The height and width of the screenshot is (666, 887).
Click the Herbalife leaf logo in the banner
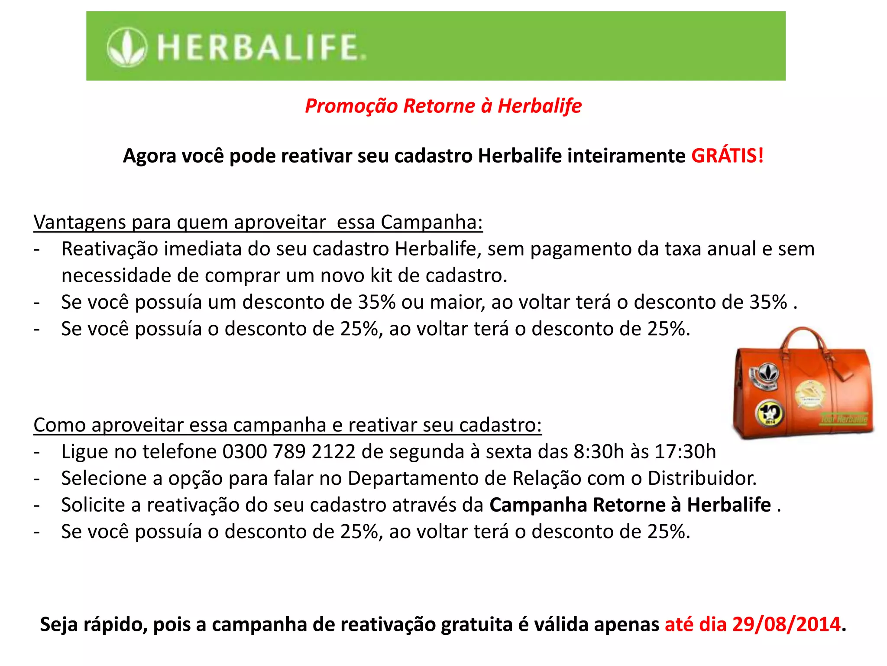pyautogui.click(x=126, y=47)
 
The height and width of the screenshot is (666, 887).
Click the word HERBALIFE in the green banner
pyautogui.click(x=261, y=48)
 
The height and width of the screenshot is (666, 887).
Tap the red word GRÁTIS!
pyautogui.click(x=727, y=156)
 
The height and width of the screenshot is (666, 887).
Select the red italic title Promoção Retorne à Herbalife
pyautogui.click(x=443, y=106)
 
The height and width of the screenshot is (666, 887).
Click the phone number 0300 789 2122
pyautogui.click(x=289, y=451)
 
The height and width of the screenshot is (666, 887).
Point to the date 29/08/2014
pyautogui.click(x=786, y=624)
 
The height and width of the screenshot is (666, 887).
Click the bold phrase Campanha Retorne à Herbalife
pyautogui.click(x=630, y=505)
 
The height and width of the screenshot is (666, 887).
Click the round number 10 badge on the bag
pyautogui.click(x=769, y=412)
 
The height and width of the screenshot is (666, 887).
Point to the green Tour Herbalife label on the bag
pyautogui.click(x=843, y=419)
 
